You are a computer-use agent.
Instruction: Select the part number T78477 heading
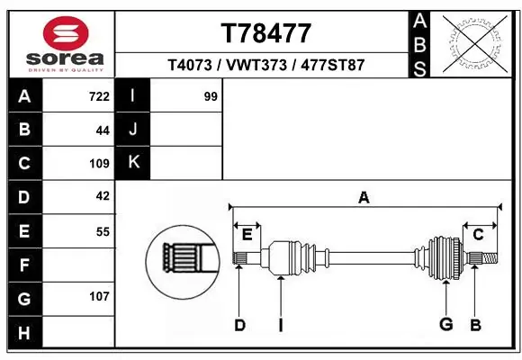point(265,33)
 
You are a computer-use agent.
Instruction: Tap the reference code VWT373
point(265,66)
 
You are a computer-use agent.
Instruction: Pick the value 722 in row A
point(99,96)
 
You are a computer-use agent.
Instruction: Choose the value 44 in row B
point(102,130)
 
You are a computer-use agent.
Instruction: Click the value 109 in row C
point(99,163)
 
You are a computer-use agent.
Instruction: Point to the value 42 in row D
point(102,196)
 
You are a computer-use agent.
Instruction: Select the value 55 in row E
point(102,230)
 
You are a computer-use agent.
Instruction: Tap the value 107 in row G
point(99,296)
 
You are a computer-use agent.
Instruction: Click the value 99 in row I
point(211,96)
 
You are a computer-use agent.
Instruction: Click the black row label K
point(133,163)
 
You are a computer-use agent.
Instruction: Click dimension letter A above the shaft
point(364,198)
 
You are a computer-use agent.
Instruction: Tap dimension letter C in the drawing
point(478,235)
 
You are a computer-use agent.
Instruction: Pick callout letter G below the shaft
point(445,325)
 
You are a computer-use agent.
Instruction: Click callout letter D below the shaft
point(239,325)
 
